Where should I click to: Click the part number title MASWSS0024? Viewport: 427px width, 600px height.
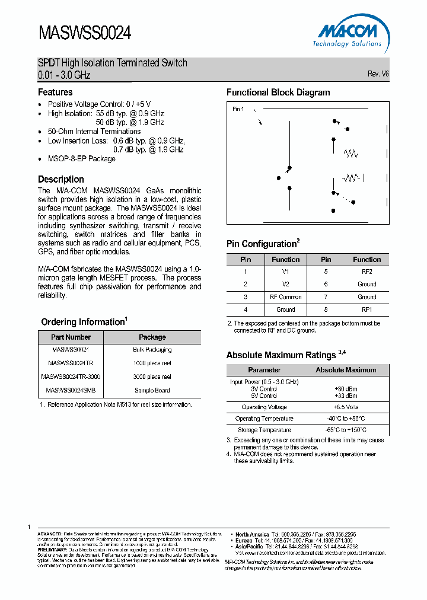pyautogui.click(x=85, y=33)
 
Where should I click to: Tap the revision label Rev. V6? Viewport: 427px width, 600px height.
pyautogui.click(x=378, y=74)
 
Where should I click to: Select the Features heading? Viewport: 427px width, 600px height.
pyautogui.click(x=55, y=92)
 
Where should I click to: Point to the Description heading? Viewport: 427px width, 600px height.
pyautogui.click(x=61, y=179)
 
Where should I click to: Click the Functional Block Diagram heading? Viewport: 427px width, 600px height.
pyautogui.click(x=278, y=92)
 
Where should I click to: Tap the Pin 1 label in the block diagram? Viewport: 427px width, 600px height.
pyautogui.click(x=238, y=109)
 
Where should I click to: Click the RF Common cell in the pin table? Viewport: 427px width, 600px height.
pyautogui.click(x=286, y=297)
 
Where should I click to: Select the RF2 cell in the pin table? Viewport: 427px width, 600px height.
pyautogui.click(x=367, y=272)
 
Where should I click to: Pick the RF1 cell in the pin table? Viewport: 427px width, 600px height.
pyautogui.click(x=367, y=309)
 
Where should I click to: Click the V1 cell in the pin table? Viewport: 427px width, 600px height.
pyautogui.click(x=286, y=272)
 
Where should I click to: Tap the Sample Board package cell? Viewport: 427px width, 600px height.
pyautogui.click(x=152, y=390)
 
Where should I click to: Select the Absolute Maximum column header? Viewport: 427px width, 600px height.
pyautogui.click(x=346, y=370)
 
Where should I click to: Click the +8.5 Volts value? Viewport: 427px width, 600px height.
pyautogui.click(x=346, y=407)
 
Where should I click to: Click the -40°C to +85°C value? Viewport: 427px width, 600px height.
pyautogui.click(x=346, y=419)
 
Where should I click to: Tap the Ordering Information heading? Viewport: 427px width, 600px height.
pyautogui.click(x=83, y=322)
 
